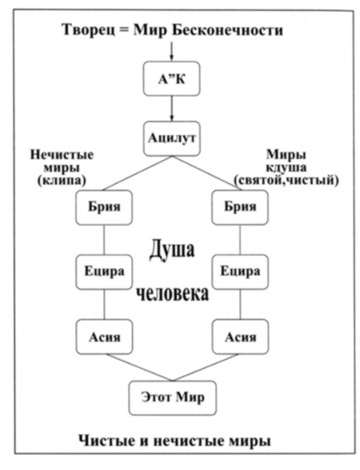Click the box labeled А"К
coord(171,80)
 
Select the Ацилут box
coord(171,138)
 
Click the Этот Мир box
coord(171,397)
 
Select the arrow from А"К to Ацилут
coord(171,108)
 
